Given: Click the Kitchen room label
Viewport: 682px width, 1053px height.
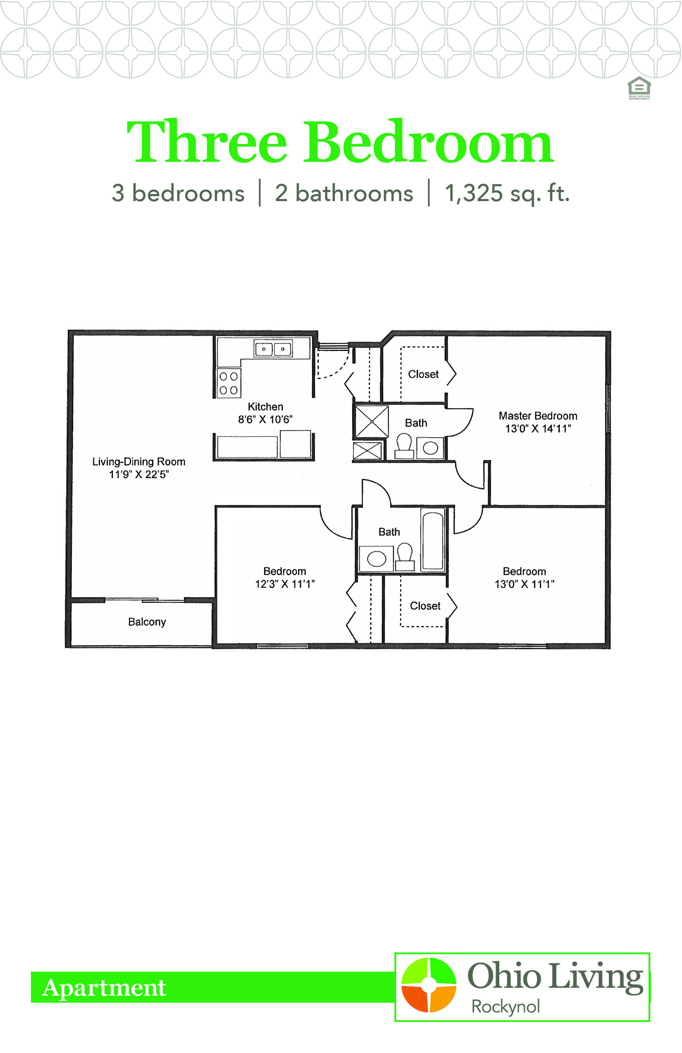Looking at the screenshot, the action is point(265,406).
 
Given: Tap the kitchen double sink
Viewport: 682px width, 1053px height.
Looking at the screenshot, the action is point(273,348).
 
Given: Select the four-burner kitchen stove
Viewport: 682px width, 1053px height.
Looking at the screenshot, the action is point(229,383).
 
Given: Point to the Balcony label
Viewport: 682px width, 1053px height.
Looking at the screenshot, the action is point(147,621).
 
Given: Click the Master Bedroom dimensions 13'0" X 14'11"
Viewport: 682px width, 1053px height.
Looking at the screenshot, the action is point(538,428).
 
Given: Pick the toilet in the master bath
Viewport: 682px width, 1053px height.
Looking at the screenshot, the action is point(404,446).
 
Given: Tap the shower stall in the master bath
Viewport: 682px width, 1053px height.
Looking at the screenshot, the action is point(372,422).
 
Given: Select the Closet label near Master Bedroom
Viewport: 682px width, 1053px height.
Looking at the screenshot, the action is point(423,374).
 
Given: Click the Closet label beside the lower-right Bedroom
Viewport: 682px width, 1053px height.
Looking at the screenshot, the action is point(425,606).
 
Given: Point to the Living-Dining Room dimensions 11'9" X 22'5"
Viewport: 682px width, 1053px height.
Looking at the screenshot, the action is point(139,474).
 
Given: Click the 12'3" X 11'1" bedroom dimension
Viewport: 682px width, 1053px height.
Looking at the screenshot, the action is point(285,584).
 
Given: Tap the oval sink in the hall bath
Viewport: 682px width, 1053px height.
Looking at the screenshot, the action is point(377,558).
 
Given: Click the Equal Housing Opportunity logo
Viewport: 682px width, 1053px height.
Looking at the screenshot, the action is point(639,88).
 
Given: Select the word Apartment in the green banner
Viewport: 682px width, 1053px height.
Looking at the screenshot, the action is point(104,987).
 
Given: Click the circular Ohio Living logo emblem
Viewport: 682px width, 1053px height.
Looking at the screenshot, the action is point(429,985).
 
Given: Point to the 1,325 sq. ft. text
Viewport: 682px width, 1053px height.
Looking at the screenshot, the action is point(507,193).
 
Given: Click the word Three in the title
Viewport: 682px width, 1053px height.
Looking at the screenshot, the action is point(207,142).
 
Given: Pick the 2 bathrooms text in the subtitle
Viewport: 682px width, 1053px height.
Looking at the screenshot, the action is point(344,193).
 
